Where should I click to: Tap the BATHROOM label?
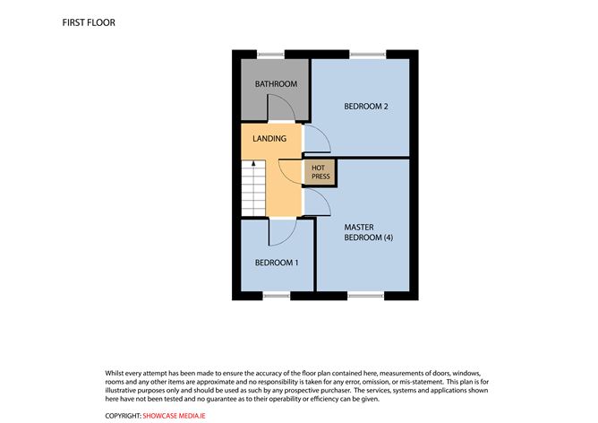click(x=276, y=84)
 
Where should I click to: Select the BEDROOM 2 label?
click(x=366, y=108)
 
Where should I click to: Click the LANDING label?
click(x=269, y=139)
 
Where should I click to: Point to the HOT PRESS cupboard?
click(x=320, y=172)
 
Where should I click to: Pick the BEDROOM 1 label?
click(x=277, y=263)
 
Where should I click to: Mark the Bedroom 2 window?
click(x=367, y=56)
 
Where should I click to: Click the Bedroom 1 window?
click(x=277, y=294)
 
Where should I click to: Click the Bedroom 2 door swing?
click(x=318, y=138)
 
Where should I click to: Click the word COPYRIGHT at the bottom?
click(x=123, y=416)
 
